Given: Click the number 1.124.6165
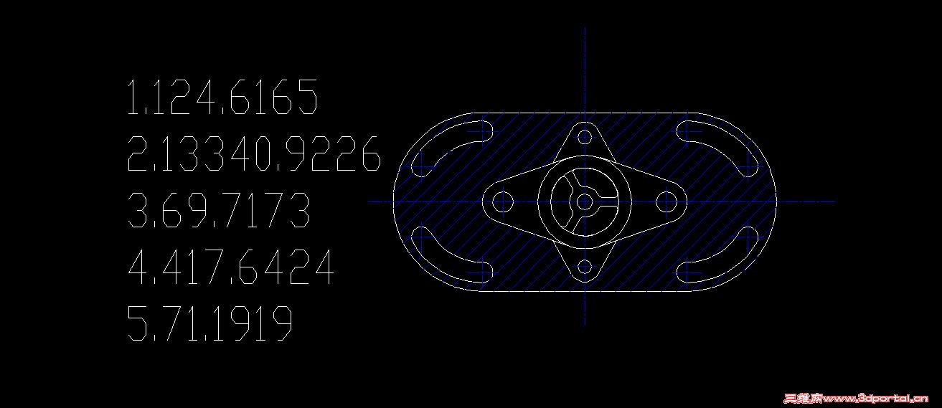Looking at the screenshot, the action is [x=222, y=97].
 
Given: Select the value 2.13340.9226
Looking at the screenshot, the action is [x=254, y=153].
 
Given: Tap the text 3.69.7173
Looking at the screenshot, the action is [x=218, y=209].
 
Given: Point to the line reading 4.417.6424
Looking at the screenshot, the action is [x=230, y=267].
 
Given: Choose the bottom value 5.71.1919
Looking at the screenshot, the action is [x=209, y=323].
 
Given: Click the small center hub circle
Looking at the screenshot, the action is [x=584, y=202].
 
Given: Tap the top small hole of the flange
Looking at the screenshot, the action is [x=585, y=137].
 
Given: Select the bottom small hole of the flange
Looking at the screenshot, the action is [x=585, y=267].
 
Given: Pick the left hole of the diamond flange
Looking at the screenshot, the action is [x=502, y=202].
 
